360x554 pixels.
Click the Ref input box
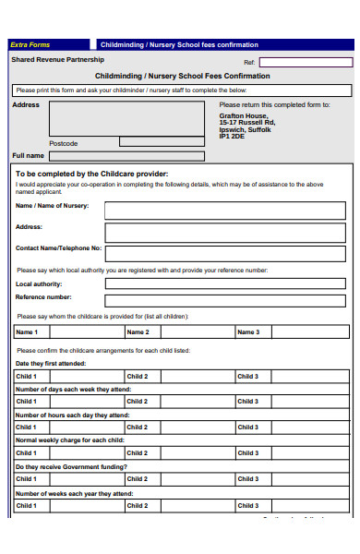[306, 62]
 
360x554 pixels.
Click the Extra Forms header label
[30, 44]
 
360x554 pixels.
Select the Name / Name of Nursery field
[227, 211]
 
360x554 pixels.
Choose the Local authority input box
[227, 284]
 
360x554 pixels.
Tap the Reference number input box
[227, 299]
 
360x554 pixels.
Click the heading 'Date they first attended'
[51, 364]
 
